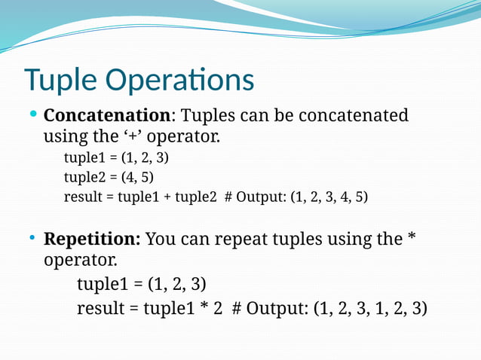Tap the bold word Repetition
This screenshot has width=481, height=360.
pos(92,239)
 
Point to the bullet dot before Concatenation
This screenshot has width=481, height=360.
pos(33,116)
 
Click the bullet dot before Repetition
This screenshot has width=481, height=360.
pos(33,239)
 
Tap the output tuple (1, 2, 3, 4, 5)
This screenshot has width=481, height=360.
pos(329,197)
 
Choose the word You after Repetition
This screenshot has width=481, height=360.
pos(161,239)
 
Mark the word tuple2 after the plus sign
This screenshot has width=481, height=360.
pos(198,197)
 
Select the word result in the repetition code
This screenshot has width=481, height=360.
pos(100,308)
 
